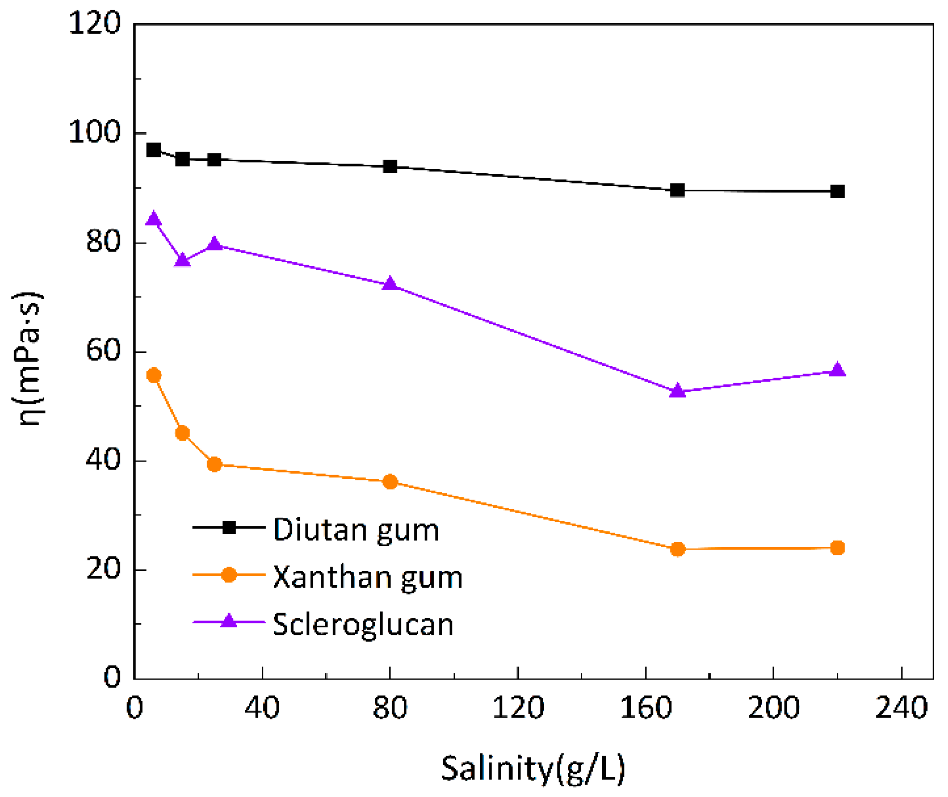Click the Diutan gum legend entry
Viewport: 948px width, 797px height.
tap(356, 529)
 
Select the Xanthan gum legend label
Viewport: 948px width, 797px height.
tap(367, 577)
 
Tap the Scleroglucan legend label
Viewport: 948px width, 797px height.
tap(363, 624)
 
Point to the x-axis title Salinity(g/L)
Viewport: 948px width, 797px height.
tap(533, 769)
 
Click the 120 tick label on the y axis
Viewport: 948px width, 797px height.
tap(94, 23)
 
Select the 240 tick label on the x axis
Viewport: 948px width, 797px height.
tap(901, 708)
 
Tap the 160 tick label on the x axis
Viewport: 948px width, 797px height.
tap(645, 708)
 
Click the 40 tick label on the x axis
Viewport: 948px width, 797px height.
tap(262, 708)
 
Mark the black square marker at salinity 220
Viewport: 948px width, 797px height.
tap(837, 192)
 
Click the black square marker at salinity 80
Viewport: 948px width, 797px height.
tap(390, 167)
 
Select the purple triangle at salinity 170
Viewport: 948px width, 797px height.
tap(678, 391)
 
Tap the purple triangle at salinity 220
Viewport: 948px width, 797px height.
tap(837, 370)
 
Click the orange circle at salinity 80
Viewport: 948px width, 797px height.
tap(390, 482)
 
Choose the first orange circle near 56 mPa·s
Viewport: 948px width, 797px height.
tap(154, 375)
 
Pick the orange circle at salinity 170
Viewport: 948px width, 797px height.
tap(678, 549)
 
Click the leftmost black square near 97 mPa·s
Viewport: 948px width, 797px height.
tap(154, 150)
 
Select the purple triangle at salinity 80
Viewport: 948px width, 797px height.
tap(390, 284)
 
